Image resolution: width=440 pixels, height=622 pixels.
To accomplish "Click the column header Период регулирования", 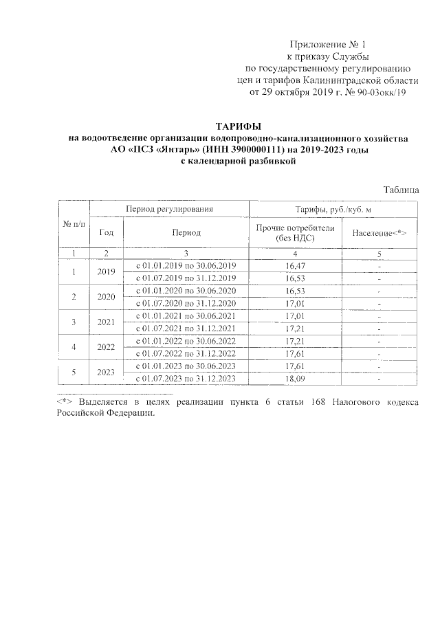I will pos(168,208).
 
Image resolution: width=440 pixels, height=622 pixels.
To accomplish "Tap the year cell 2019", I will pos(106,271).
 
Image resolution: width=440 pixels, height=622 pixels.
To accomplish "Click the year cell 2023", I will pos(106,373).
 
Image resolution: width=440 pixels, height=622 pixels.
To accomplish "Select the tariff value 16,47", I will pos(294,265).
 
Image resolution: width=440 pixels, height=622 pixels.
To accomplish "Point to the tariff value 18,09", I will pos(294,379).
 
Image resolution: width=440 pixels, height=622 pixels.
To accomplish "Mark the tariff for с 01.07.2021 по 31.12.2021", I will pos(294,329).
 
